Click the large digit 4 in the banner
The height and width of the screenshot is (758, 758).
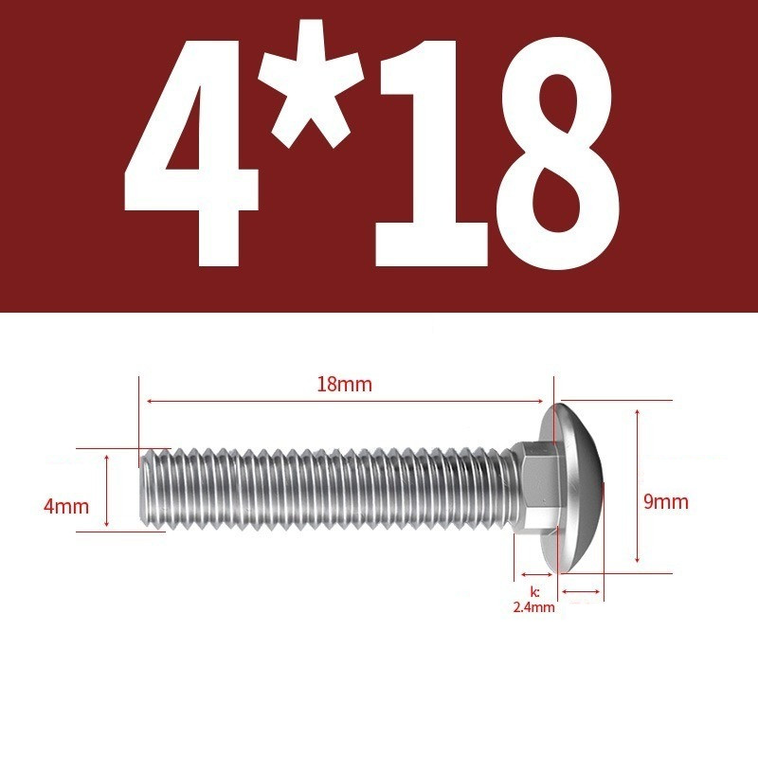pos(193,154)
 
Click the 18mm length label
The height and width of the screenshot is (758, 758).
pos(344,385)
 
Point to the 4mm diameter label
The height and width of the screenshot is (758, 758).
pos(66,507)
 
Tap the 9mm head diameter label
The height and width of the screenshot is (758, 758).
pos(666,502)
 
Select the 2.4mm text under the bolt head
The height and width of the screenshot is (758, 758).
pos(533,607)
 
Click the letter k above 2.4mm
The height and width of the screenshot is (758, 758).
pos(534,591)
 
